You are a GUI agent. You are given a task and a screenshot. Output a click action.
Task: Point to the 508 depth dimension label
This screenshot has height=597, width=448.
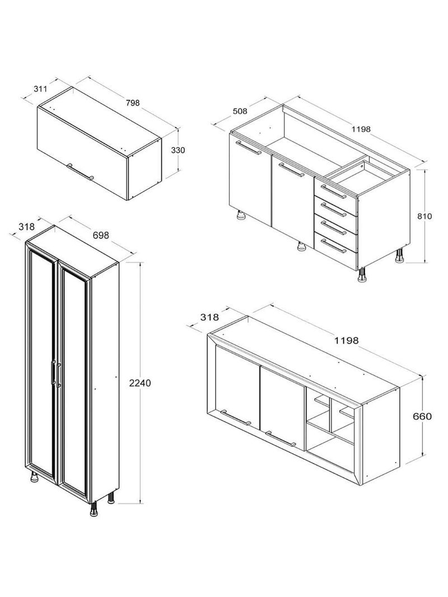click(239, 111)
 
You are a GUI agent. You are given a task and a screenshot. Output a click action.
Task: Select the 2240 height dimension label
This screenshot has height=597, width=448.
click(140, 383)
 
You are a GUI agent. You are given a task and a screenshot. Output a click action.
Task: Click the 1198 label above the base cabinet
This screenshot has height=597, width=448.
click(361, 129)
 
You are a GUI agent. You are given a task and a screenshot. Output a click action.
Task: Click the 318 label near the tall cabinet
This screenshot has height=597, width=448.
click(26, 227)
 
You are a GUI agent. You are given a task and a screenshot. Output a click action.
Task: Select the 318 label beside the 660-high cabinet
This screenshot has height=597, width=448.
click(209, 318)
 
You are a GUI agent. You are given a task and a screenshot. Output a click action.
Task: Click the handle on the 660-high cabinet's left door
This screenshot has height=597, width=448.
click(236, 417)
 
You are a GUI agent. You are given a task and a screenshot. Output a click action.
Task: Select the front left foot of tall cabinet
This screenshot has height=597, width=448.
click(35, 478)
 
